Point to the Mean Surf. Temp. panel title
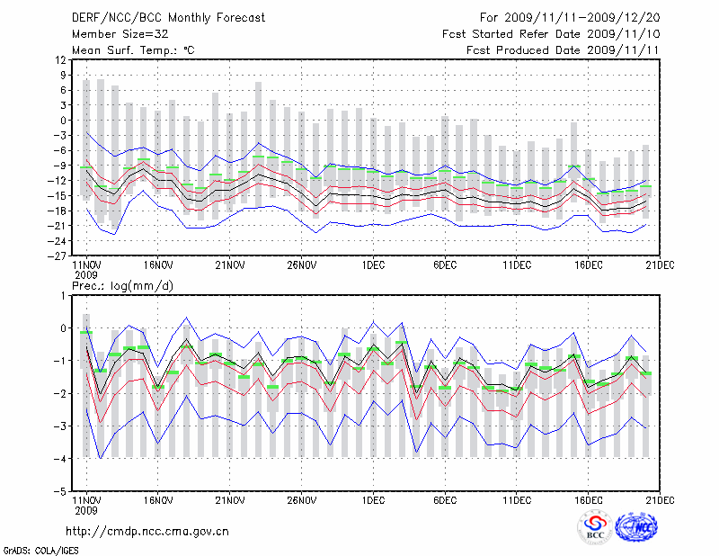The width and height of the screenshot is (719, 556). coord(133,49)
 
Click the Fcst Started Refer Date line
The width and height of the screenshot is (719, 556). coord(551,33)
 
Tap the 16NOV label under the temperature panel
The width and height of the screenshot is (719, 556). coord(157,265)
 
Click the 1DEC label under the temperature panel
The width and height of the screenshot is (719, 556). coord(373,265)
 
